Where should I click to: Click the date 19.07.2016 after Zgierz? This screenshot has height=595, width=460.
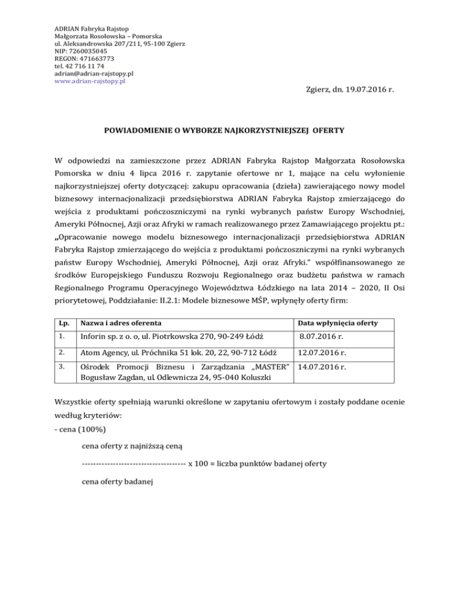tap(364, 91)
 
